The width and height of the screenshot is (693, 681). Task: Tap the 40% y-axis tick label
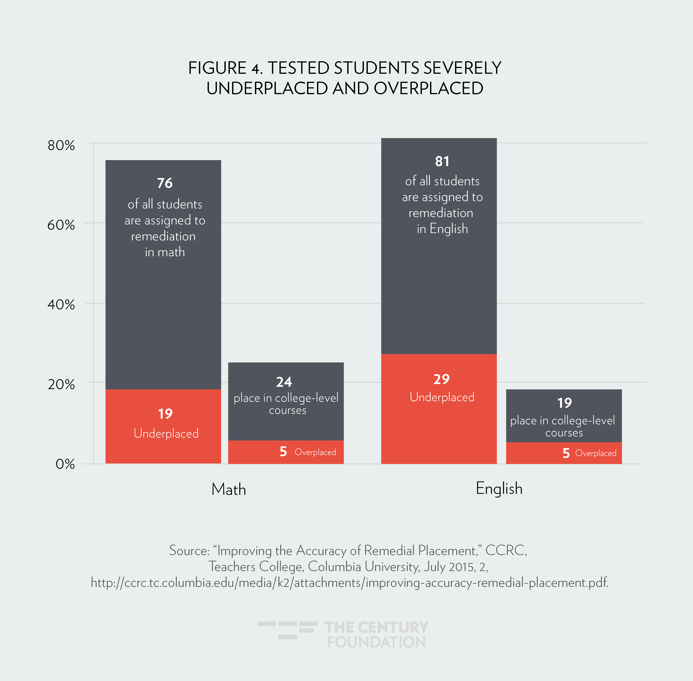pyautogui.click(x=61, y=305)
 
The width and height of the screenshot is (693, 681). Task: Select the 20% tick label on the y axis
pyautogui.click(x=61, y=384)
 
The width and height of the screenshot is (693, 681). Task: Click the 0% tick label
pyautogui.click(x=65, y=464)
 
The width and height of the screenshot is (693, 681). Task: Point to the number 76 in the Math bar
pyautogui.click(x=165, y=183)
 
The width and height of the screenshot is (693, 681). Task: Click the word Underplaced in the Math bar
pyautogui.click(x=166, y=433)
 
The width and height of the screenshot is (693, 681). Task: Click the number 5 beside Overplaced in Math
pyautogui.click(x=283, y=452)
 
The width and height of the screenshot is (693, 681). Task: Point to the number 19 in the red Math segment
pyautogui.click(x=165, y=414)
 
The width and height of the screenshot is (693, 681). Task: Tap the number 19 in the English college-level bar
pyautogui.click(x=564, y=403)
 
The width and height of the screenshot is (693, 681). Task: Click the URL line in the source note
pyautogui.click(x=349, y=583)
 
